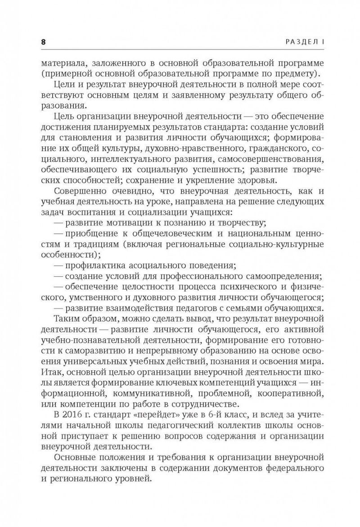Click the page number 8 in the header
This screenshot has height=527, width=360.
point(43,41)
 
